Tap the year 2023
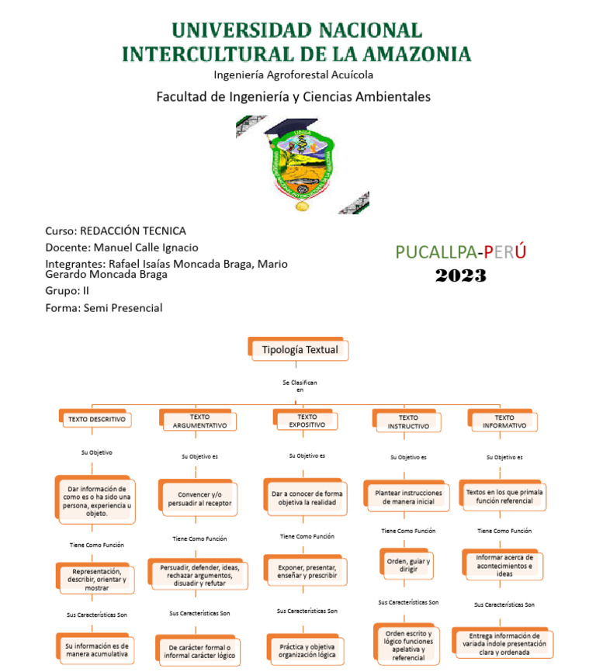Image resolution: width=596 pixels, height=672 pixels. click(x=460, y=275)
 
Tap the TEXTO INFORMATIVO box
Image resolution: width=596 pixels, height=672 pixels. click(x=504, y=421)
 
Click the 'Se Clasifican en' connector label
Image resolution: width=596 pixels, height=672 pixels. click(x=300, y=386)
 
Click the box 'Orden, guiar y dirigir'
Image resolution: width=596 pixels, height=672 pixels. click(x=407, y=565)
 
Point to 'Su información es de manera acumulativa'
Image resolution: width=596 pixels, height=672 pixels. click(x=97, y=649)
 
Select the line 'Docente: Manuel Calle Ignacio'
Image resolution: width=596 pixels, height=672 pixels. click(x=122, y=248)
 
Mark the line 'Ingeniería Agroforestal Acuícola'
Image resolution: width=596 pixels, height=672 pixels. click(x=293, y=74)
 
